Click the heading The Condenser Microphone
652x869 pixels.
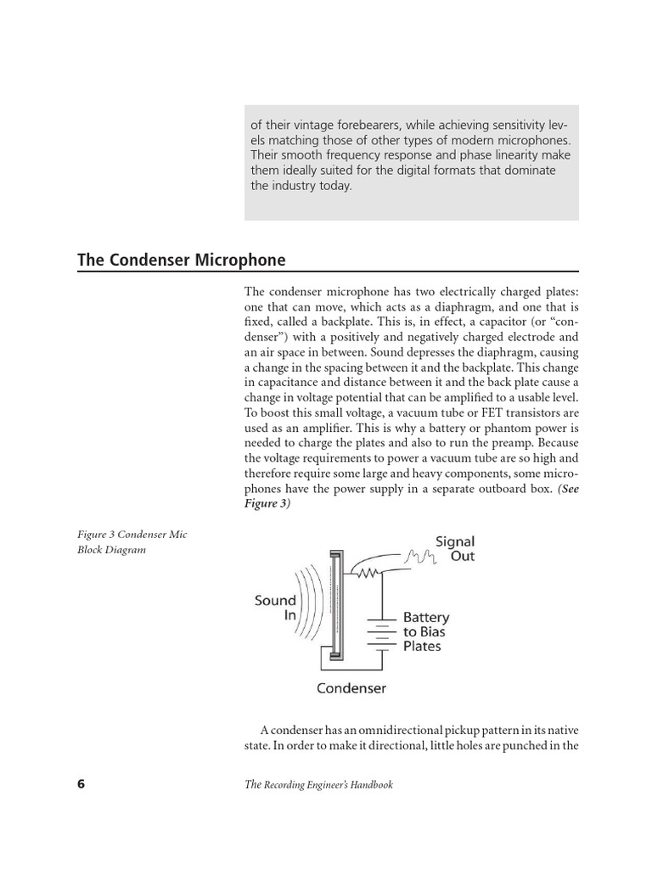[x=181, y=260]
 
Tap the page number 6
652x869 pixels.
[x=81, y=784]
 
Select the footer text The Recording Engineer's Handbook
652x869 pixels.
[x=318, y=785]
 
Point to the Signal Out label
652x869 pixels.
[x=455, y=549]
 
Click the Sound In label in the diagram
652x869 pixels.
[x=275, y=608]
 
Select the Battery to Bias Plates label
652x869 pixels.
[x=426, y=631]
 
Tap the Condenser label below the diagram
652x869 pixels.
[x=351, y=688]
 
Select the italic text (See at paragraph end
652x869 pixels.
[x=569, y=491]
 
